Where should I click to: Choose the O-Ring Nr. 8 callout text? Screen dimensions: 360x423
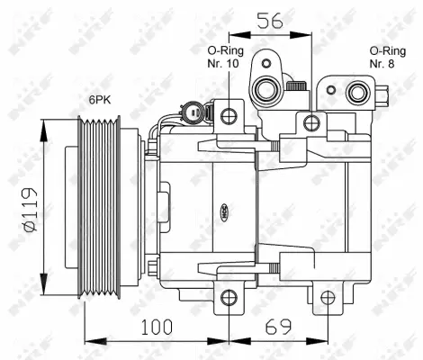point(386,59)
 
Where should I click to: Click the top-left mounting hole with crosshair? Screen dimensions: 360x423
point(230,115)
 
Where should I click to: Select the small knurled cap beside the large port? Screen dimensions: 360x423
point(296,85)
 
